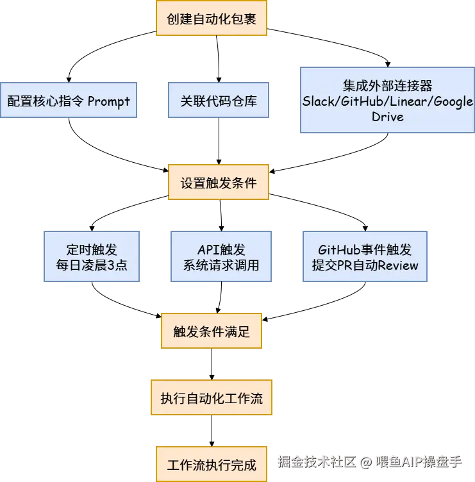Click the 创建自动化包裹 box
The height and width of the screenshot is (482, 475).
(212, 18)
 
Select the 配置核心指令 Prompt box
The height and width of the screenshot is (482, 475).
(69, 100)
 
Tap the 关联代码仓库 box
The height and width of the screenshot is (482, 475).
(217, 100)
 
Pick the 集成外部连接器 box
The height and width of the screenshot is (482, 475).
(387, 101)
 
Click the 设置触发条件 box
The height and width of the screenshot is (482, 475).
(218, 183)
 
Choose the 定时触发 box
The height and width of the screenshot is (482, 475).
(92, 256)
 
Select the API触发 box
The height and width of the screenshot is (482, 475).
(221, 256)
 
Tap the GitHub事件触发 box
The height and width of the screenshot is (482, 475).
(365, 256)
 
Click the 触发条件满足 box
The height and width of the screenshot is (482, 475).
(212, 331)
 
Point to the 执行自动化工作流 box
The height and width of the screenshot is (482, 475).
(212, 398)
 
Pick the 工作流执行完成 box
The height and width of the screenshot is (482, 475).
(212, 464)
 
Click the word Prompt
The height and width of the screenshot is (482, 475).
(108, 101)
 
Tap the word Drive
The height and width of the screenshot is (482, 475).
(388, 117)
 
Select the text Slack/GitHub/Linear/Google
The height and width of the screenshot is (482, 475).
(388, 101)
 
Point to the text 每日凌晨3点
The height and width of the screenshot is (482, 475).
(92, 265)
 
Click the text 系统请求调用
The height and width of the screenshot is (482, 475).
(221, 265)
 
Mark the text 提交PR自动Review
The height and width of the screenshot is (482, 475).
(365, 265)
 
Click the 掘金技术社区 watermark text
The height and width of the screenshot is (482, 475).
(316, 461)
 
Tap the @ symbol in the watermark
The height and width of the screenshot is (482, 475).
(365, 461)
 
